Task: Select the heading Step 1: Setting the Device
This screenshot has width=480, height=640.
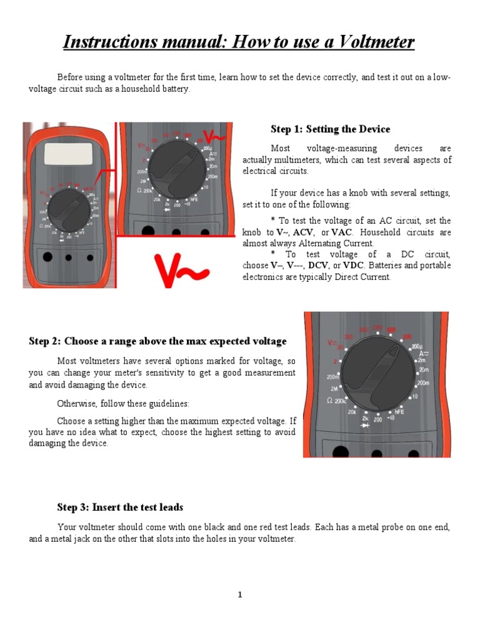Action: [330, 129]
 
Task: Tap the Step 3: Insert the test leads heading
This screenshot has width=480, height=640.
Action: [120, 507]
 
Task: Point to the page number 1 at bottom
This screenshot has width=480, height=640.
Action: [239, 594]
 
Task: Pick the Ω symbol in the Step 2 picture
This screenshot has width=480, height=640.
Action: [329, 400]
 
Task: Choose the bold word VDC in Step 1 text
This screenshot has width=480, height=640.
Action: [354, 266]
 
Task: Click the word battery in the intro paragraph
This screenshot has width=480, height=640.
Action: [174, 89]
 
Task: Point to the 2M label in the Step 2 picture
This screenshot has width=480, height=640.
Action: [334, 389]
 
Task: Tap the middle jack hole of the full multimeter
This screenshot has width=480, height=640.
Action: [68, 257]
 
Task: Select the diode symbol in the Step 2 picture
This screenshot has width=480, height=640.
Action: [364, 424]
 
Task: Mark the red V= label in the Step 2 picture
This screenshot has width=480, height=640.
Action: [332, 343]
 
